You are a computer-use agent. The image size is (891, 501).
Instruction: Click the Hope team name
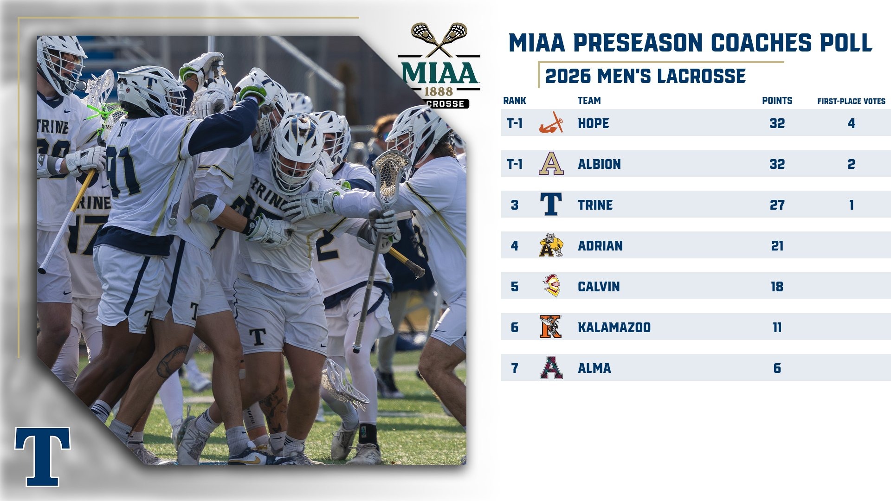tap(593, 123)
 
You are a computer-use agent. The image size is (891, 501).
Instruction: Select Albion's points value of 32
tap(777, 164)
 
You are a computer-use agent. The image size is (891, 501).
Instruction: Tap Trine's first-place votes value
tap(851, 205)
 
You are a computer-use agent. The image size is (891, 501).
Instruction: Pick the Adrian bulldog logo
tap(551, 245)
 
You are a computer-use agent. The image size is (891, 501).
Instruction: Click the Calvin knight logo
tap(551, 286)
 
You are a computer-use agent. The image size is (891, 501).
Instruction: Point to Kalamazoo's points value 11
tap(777, 328)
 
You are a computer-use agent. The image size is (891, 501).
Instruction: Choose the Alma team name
tap(594, 368)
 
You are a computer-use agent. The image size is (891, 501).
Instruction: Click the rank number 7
tap(514, 368)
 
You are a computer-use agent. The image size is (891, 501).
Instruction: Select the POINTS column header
tap(777, 101)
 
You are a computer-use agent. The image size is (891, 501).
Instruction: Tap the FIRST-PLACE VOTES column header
tap(851, 101)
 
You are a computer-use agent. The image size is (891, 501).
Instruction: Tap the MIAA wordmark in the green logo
tap(439, 74)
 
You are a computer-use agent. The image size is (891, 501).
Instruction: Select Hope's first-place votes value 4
tap(851, 123)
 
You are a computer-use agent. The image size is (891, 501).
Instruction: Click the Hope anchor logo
tap(551, 123)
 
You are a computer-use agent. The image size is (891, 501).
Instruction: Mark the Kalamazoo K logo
tap(550, 327)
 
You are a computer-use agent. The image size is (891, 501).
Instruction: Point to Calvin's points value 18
tap(777, 287)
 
